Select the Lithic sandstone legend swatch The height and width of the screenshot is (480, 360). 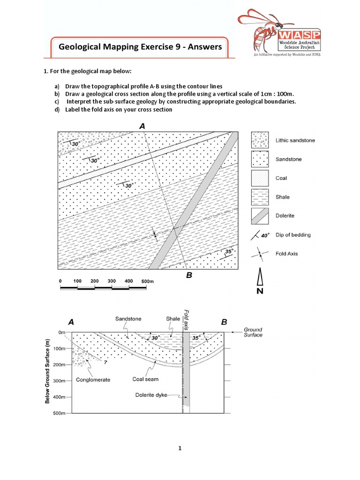tap(260, 140)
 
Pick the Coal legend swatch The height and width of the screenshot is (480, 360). tap(260, 178)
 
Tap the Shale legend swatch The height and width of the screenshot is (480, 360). tap(260, 197)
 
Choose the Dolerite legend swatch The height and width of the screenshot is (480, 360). tap(260, 216)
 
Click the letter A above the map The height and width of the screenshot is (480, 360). tap(142, 126)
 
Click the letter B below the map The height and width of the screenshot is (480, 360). tap(189, 276)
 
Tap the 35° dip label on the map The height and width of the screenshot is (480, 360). tap(229, 251)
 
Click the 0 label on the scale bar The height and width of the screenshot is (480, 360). tap(60, 281)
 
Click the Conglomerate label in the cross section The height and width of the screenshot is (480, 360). tap(93, 380)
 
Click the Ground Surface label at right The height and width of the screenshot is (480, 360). tap(253, 332)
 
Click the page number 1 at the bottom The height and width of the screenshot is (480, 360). tap(180, 448)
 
